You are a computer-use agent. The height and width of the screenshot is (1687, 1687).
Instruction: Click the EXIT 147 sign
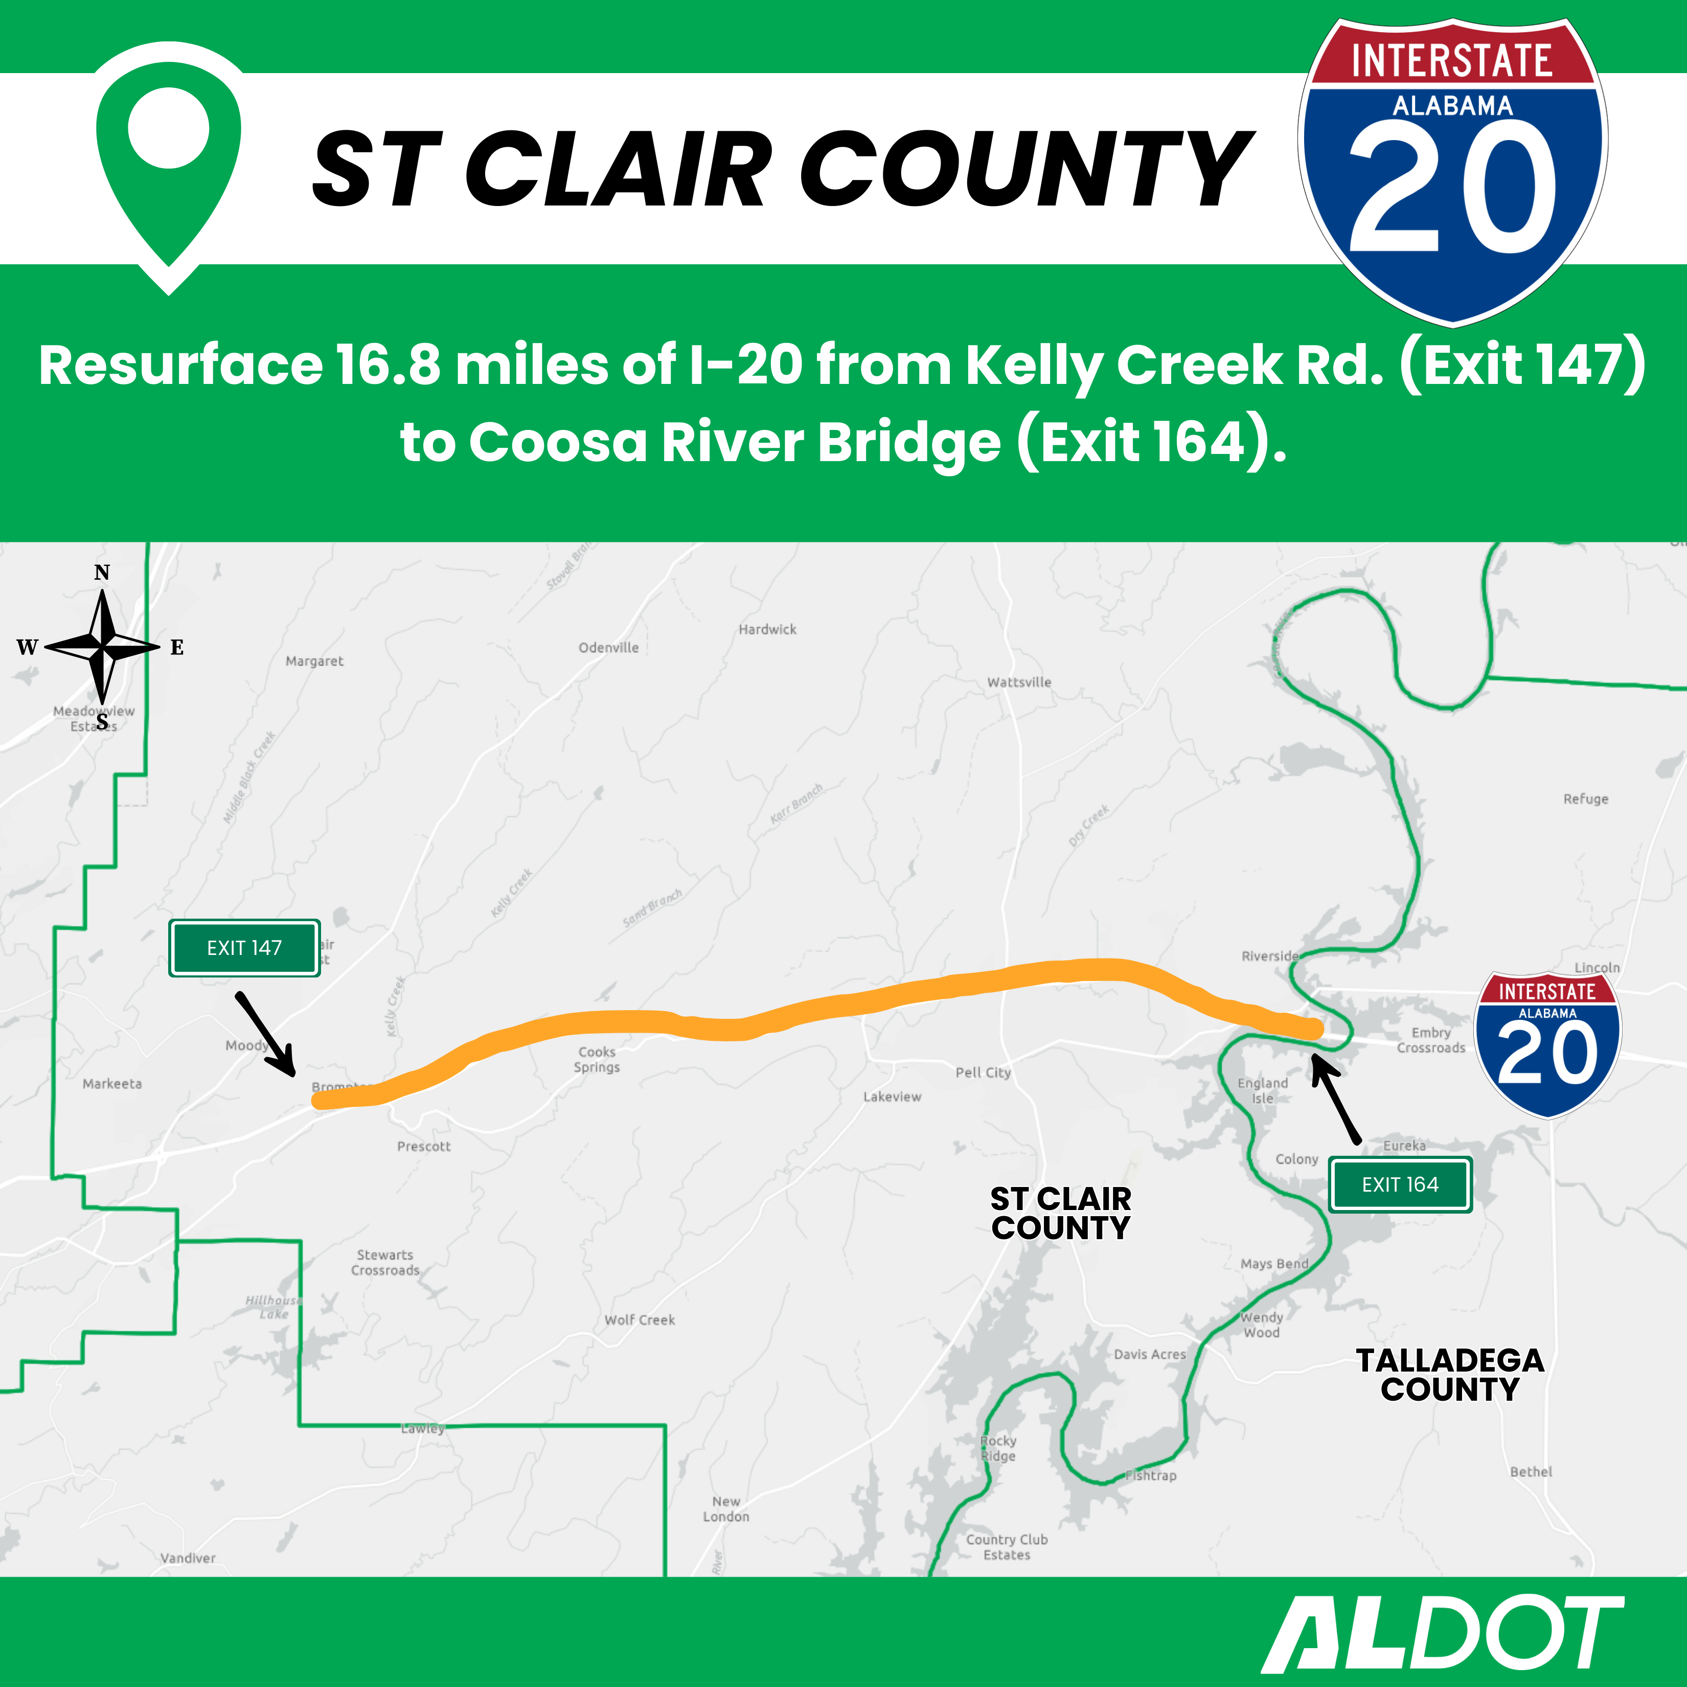244,947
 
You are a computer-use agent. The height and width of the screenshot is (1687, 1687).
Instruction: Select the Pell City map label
983,1073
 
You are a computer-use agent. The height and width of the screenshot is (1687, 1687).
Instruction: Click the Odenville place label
609,647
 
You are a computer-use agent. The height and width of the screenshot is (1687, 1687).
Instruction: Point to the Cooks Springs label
597,1059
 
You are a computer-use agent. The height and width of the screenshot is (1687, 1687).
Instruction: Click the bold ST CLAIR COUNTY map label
1060,1213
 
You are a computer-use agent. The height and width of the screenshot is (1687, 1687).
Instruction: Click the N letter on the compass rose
102,573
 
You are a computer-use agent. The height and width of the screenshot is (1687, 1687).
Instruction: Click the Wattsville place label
1019,682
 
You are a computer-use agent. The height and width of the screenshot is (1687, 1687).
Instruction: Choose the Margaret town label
314,661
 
